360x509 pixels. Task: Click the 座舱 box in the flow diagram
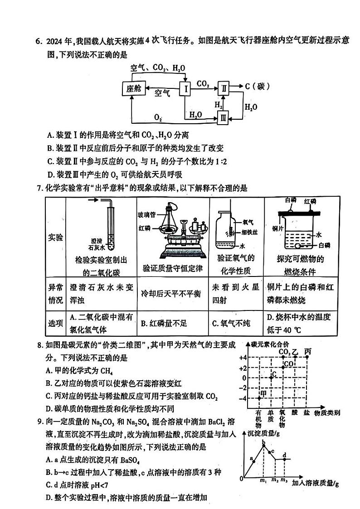coord(133,88)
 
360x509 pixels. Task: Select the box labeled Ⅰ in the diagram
coord(186,89)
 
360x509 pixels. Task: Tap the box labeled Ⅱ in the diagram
coord(224,88)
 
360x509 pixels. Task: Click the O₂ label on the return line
coord(157,117)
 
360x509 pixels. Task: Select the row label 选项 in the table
coord(56,323)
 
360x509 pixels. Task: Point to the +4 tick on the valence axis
coord(243,358)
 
